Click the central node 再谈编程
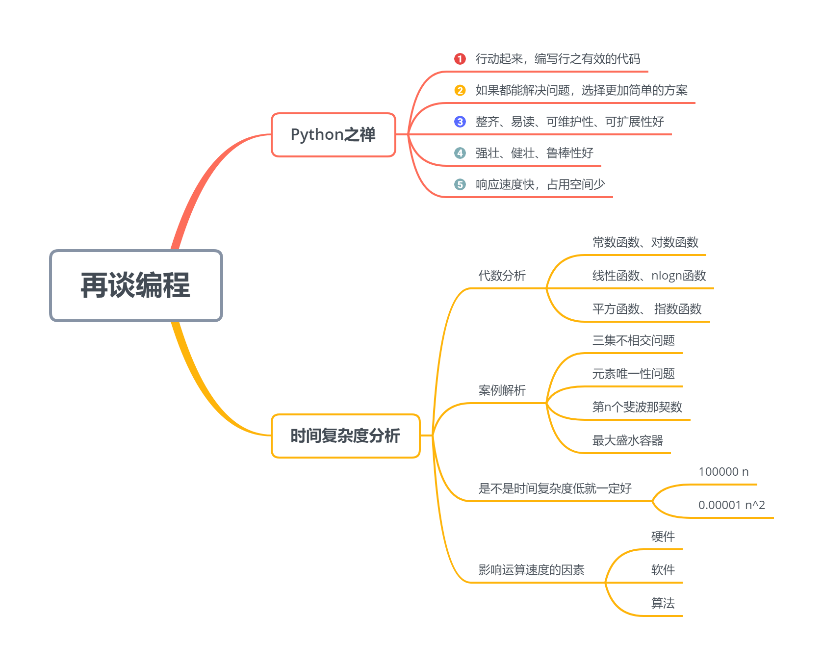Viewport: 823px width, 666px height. click(x=136, y=285)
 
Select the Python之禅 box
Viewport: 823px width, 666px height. click(x=333, y=135)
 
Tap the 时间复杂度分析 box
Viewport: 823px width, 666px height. click(x=345, y=435)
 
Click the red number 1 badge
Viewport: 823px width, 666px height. click(x=460, y=59)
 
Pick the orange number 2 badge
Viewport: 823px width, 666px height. click(x=460, y=90)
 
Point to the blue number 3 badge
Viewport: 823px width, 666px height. click(x=460, y=122)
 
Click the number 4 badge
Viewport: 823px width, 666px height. click(x=460, y=153)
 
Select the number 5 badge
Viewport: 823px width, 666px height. click(x=460, y=184)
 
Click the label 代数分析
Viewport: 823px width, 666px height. click(x=502, y=276)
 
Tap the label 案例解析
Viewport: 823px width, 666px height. click(x=502, y=390)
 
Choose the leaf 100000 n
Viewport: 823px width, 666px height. click(x=723, y=472)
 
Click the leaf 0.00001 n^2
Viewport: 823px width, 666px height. click(x=731, y=505)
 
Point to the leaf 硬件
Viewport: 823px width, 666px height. click(x=663, y=537)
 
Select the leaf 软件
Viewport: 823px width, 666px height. click(x=663, y=570)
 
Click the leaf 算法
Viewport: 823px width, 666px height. click(x=663, y=603)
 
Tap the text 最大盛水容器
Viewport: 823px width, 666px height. click(x=627, y=440)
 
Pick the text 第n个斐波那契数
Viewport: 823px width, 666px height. click(x=637, y=407)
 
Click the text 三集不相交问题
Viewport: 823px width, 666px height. click(x=633, y=340)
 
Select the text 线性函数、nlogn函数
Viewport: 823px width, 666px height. click(x=649, y=276)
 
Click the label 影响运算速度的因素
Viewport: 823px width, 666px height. click(x=531, y=570)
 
